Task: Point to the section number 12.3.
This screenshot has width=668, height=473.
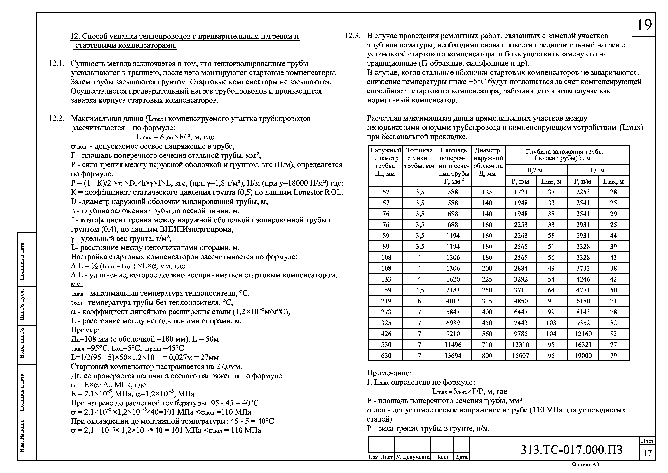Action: pyautogui.click(x=353, y=36)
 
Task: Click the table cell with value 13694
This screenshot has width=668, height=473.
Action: pyautogui.click(x=453, y=356)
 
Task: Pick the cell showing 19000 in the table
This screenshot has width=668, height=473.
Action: pyautogui.click(x=583, y=356)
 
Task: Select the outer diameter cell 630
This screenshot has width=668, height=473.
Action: pyautogui.click(x=386, y=356)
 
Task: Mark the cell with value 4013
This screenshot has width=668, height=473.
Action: pyautogui.click(x=453, y=301)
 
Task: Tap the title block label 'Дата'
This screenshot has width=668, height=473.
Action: pyautogui.click(x=461, y=457)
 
